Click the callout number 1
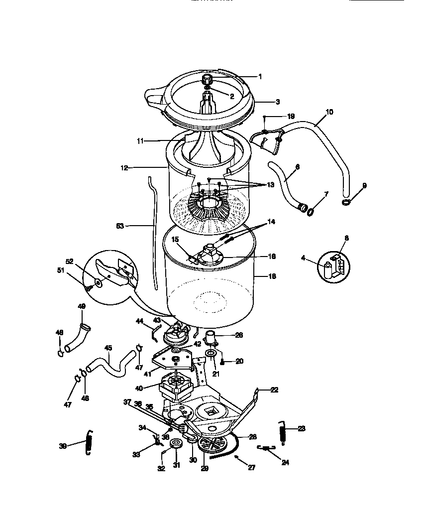coord(259,77)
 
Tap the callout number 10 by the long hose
coord(329,113)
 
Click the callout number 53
coord(120,226)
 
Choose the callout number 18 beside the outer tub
coord(272,276)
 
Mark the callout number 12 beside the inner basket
coord(124,168)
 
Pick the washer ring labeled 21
coord(211,354)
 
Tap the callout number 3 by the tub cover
coord(277,102)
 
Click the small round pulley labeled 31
coord(176,444)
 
